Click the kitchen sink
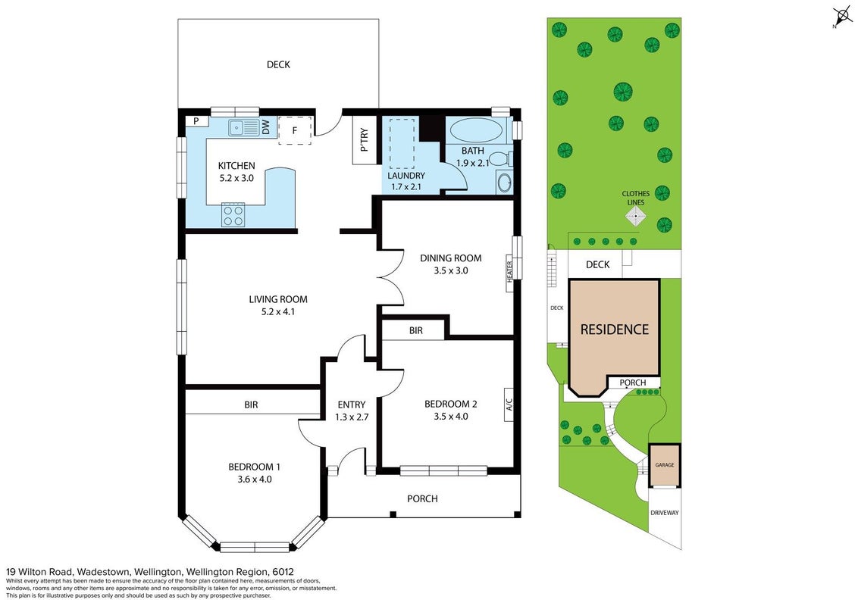[244, 128]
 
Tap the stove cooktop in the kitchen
[233, 215]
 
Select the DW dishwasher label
[266, 128]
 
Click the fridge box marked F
[295, 131]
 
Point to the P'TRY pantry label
[365, 140]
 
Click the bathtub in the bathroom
[475, 131]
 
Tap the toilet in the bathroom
[500, 159]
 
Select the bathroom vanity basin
[505, 182]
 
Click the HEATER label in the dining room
[509, 272]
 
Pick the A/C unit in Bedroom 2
[509, 405]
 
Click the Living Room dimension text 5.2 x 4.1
[278, 312]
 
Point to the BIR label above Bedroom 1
[251, 405]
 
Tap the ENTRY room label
[351, 405]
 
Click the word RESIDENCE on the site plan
[615, 330]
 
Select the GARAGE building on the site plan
[665, 465]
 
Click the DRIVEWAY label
[664, 513]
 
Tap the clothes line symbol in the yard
[635, 215]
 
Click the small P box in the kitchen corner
[196, 121]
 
